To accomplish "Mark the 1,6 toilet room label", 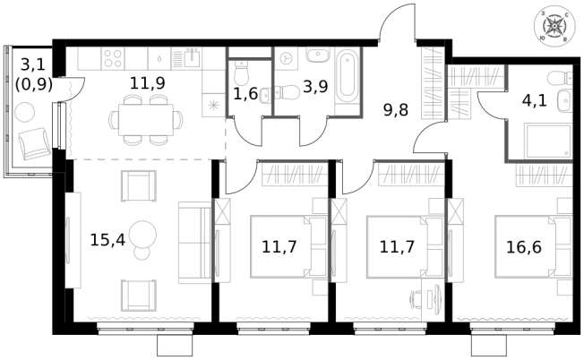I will coord(245,92).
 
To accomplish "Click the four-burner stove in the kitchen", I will coord(113,59).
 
